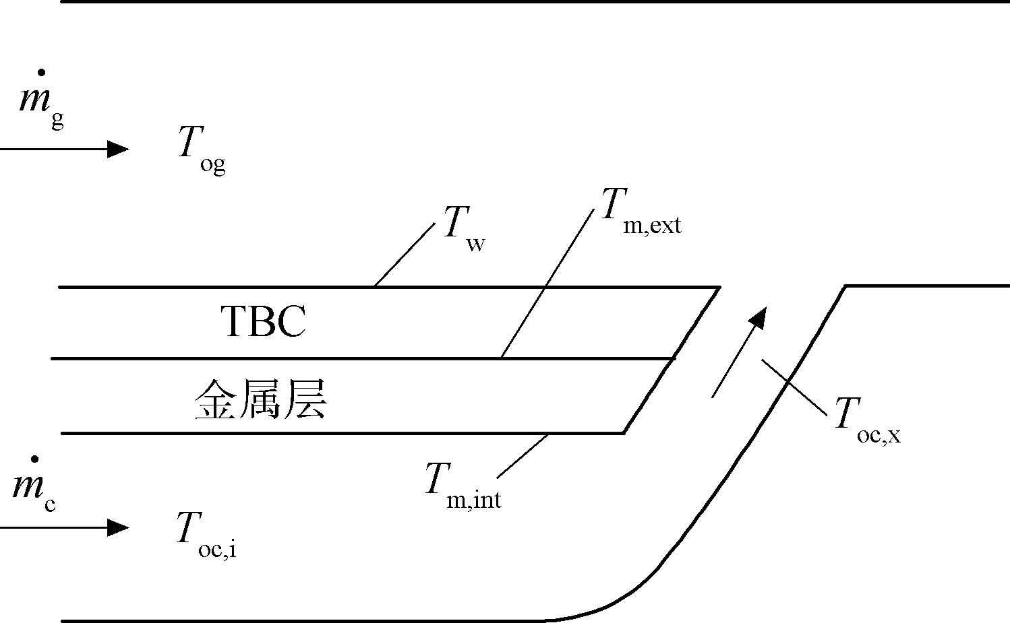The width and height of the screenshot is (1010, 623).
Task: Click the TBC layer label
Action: [264, 321]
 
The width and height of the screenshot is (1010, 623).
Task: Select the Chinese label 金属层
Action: [261, 399]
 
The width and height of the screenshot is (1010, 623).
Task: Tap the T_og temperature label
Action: [202, 150]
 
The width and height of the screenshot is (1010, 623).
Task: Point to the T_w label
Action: [465, 228]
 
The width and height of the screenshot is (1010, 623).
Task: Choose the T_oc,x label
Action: [868, 420]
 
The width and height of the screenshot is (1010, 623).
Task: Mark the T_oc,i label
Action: [206, 535]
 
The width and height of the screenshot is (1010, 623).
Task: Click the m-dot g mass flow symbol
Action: [42, 99]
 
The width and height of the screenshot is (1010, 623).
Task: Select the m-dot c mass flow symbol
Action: [34, 485]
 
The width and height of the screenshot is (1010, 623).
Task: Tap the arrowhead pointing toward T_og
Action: [118, 149]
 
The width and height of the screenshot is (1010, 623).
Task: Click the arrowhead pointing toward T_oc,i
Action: [118, 527]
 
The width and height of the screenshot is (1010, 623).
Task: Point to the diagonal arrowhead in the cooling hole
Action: [759, 318]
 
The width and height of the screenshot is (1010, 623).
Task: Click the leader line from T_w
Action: [405, 255]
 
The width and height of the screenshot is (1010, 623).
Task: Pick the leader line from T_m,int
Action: [523, 456]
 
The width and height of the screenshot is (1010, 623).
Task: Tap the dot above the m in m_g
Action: [42, 72]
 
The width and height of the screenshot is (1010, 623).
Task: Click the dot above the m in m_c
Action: [34, 459]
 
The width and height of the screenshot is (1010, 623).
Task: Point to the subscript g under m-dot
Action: [58, 121]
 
